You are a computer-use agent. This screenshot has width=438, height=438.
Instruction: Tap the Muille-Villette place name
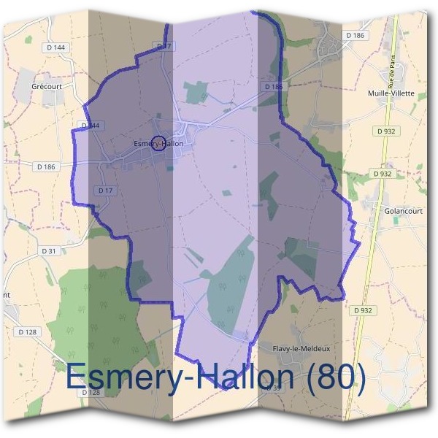[392, 93]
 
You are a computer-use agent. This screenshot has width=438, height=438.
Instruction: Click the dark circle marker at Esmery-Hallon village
[160, 143]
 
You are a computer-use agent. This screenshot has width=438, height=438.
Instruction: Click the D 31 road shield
[49, 250]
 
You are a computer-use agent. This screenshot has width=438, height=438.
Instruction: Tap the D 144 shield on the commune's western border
[90, 126]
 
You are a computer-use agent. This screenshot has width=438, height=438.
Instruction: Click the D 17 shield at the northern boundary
[164, 46]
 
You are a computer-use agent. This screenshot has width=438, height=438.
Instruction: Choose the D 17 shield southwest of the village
[105, 191]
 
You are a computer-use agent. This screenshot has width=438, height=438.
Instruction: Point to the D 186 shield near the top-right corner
[355, 35]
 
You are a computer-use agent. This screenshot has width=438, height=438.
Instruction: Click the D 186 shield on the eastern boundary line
[274, 86]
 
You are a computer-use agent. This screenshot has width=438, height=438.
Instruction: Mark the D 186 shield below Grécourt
[46, 166]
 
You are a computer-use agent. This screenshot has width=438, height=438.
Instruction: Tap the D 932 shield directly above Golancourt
[381, 174]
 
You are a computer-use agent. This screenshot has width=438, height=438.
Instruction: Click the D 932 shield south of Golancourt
[362, 310]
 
